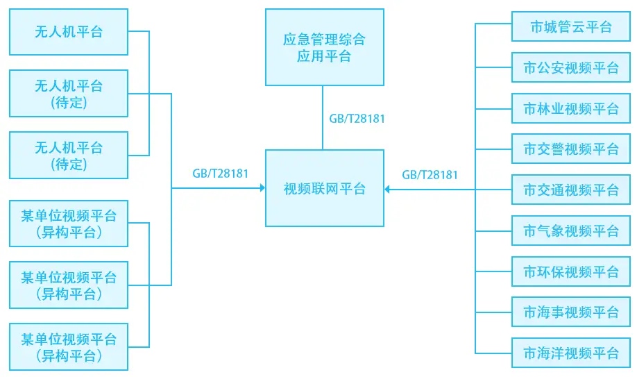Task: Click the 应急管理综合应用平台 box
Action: click(324, 47)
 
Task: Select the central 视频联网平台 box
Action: click(324, 188)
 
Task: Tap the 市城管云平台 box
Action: click(570, 28)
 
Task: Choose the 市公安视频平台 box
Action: click(570, 68)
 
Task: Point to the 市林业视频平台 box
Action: click(570, 109)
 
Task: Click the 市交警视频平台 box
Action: click(570, 149)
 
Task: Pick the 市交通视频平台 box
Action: click(570, 190)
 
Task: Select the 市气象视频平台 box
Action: click(570, 231)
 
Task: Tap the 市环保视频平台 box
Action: click(570, 271)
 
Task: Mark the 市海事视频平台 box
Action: click(570, 312)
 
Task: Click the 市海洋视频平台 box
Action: click(570, 353)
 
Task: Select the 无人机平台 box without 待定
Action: click(69, 31)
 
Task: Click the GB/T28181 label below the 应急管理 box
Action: click(357, 119)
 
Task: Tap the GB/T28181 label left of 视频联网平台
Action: click(220, 174)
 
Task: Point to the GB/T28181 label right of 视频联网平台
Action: click(430, 174)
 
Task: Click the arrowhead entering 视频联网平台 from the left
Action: click(262, 188)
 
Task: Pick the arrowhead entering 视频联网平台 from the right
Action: click(388, 188)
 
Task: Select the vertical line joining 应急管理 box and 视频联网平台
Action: click(323, 118)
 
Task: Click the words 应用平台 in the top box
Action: click(324, 56)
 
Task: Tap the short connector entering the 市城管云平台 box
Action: click(493, 24)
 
